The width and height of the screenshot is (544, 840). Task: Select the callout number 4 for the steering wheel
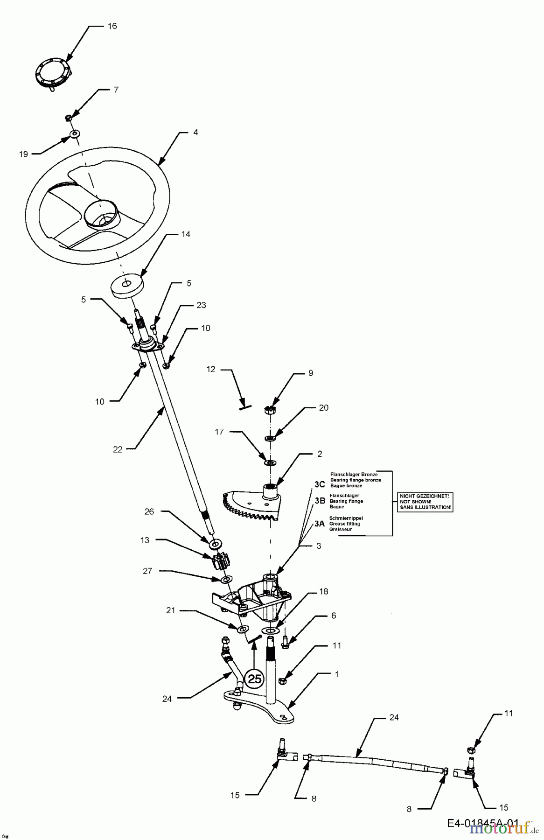[x=195, y=133]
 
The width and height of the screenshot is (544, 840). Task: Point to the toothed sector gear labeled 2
[x=254, y=504]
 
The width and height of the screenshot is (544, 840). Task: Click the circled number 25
[x=255, y=679]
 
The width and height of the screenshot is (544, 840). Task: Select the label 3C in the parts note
[x=320, y=484]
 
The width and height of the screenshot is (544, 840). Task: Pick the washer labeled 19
[x=74, y=134]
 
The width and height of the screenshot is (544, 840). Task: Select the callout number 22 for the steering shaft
[x=117, y=449]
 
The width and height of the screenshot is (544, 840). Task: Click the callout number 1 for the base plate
[x=337, y=674]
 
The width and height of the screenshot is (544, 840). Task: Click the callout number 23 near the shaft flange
[x=201, y=305]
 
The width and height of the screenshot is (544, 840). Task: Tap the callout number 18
[x=323, y=591]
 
